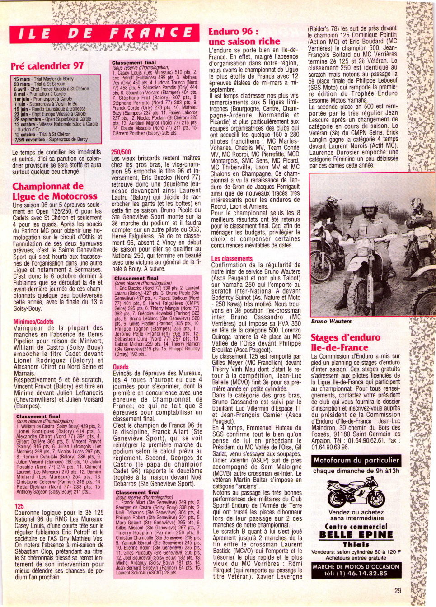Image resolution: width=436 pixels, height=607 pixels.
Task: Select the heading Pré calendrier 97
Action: [x=47, y=66]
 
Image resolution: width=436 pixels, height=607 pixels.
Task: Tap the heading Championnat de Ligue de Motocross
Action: [x=54, y=191]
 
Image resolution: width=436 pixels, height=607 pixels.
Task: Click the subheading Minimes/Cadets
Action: [x=33, y=322]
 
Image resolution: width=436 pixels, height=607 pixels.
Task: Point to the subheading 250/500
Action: [x=121, y=152]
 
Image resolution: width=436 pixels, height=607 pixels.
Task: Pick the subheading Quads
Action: [x=121, y=367]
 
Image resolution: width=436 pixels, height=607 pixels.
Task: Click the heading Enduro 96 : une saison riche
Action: [x=244, y=37]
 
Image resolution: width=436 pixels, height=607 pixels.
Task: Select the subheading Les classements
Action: [x=232, y=259]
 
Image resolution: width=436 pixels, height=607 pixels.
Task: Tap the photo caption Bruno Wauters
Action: [x=331, y=321]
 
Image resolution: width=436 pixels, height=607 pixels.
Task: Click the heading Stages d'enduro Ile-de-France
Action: [x=345, y=342]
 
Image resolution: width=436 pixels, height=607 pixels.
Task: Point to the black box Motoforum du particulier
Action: [x=356, y=461]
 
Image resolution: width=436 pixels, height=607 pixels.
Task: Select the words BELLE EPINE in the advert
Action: [x=356, y=535]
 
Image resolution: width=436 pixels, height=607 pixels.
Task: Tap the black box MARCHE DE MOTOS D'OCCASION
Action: [x=356, y=570]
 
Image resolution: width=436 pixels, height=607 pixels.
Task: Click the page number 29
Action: [x=397, y=590]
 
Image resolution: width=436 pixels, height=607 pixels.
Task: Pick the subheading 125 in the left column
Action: [x=19, y=506]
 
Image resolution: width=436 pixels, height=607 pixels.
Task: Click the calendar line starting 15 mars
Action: [x=44, y=79]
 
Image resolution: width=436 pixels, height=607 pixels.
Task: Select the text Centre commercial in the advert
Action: [x=356, y=527]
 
